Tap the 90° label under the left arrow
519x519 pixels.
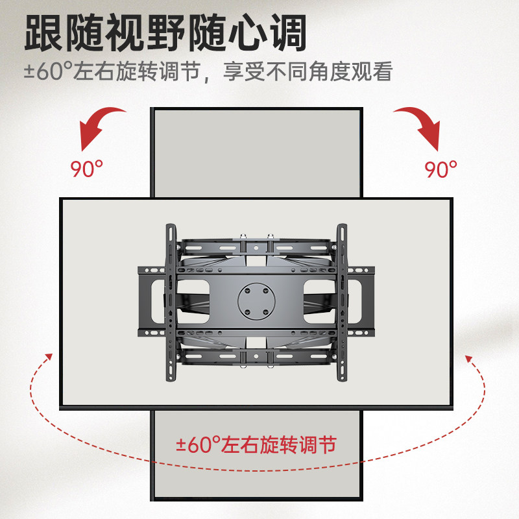(86, 170)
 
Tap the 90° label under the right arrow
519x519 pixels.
(441, 170)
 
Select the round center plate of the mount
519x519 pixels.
(256, 300)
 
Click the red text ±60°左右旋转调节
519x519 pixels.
(257, 445)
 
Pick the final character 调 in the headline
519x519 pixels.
(285, 34)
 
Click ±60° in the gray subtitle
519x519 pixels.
(49, 71)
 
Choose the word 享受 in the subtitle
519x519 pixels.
(241, 71)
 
